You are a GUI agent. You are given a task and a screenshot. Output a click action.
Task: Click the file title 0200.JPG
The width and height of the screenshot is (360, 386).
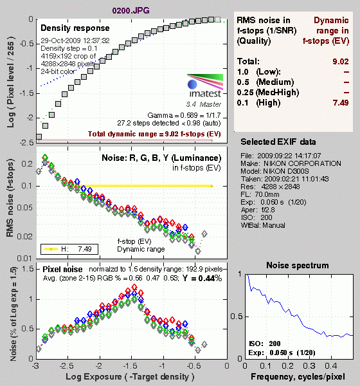[x=130, y=10]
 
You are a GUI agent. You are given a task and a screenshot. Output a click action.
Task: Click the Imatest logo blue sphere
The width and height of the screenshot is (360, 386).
[x=192, y=84]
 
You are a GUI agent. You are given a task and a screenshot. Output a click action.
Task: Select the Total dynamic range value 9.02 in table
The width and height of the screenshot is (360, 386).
[x=341, y=61]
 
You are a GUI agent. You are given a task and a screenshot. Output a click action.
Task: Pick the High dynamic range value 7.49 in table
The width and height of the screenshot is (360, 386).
[x=341, y=102]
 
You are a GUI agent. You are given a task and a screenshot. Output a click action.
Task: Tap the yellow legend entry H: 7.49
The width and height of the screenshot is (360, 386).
[x=69, y=249]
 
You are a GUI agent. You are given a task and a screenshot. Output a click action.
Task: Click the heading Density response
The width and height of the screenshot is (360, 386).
[x=75, y=28]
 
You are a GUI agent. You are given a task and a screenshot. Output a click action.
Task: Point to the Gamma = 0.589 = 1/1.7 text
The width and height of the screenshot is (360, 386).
[x=184, y=115]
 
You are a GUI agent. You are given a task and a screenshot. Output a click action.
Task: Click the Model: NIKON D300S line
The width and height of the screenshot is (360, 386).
[x=275, y=171]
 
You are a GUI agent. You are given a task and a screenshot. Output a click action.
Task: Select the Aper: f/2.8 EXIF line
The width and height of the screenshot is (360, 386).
[x=258, y=210]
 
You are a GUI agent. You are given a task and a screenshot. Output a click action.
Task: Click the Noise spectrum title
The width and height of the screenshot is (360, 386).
[x=298, y=265]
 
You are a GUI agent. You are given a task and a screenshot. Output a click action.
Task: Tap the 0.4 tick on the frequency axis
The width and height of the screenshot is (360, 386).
[x=331, y=366]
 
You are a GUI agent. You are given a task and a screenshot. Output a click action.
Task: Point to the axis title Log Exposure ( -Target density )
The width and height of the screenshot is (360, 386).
[x=130, y=376]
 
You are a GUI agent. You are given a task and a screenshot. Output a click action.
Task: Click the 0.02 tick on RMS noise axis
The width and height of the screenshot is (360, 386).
[x=24, y=237]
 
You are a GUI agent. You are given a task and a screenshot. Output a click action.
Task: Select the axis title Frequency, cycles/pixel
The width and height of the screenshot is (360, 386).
[x=298, y=376]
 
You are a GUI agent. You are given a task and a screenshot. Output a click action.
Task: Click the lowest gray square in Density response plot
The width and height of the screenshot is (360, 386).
[x=39, y=137]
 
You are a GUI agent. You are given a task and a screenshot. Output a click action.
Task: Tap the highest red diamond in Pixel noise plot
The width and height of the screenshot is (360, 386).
[x=134, y=287]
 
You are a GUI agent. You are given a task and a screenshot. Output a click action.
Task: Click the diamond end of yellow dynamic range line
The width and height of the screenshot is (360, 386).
[x=212, y=186]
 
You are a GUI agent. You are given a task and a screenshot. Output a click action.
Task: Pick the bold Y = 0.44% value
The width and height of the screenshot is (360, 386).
[x=202, y=278]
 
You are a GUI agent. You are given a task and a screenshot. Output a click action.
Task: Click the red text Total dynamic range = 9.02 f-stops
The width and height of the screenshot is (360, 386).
[x=154, y=134]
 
